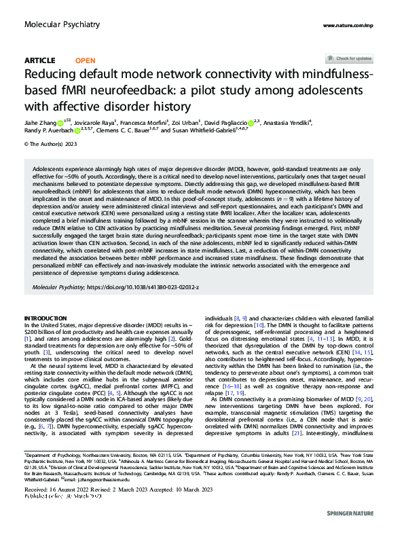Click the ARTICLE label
pyautogui.click(x=39, y=60)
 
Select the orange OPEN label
pyautogui.click(x=85, y=60)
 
